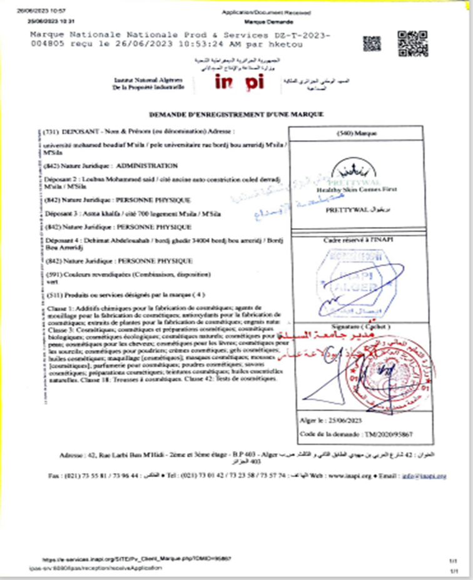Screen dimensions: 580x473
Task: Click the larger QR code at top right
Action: (413, 44)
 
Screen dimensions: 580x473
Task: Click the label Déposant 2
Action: (62, 179)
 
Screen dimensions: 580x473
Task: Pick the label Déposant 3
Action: (62, 214)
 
